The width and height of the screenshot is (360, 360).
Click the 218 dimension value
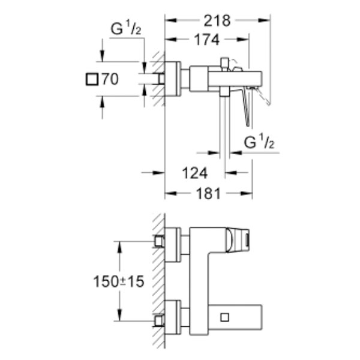(217, 21)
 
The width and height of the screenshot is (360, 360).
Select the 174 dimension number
(207, 40)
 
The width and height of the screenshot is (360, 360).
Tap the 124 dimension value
(194, 173)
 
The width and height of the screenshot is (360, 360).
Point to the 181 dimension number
(208, 194)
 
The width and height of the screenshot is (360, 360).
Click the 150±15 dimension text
(119, 281)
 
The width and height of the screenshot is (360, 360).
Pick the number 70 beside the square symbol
(110, 79)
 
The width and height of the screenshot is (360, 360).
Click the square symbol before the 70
(92, 79)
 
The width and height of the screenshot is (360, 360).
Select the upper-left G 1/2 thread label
(126, 29)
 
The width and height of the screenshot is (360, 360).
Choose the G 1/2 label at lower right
(259, 142)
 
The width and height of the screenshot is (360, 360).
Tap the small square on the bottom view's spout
(224, 317)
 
